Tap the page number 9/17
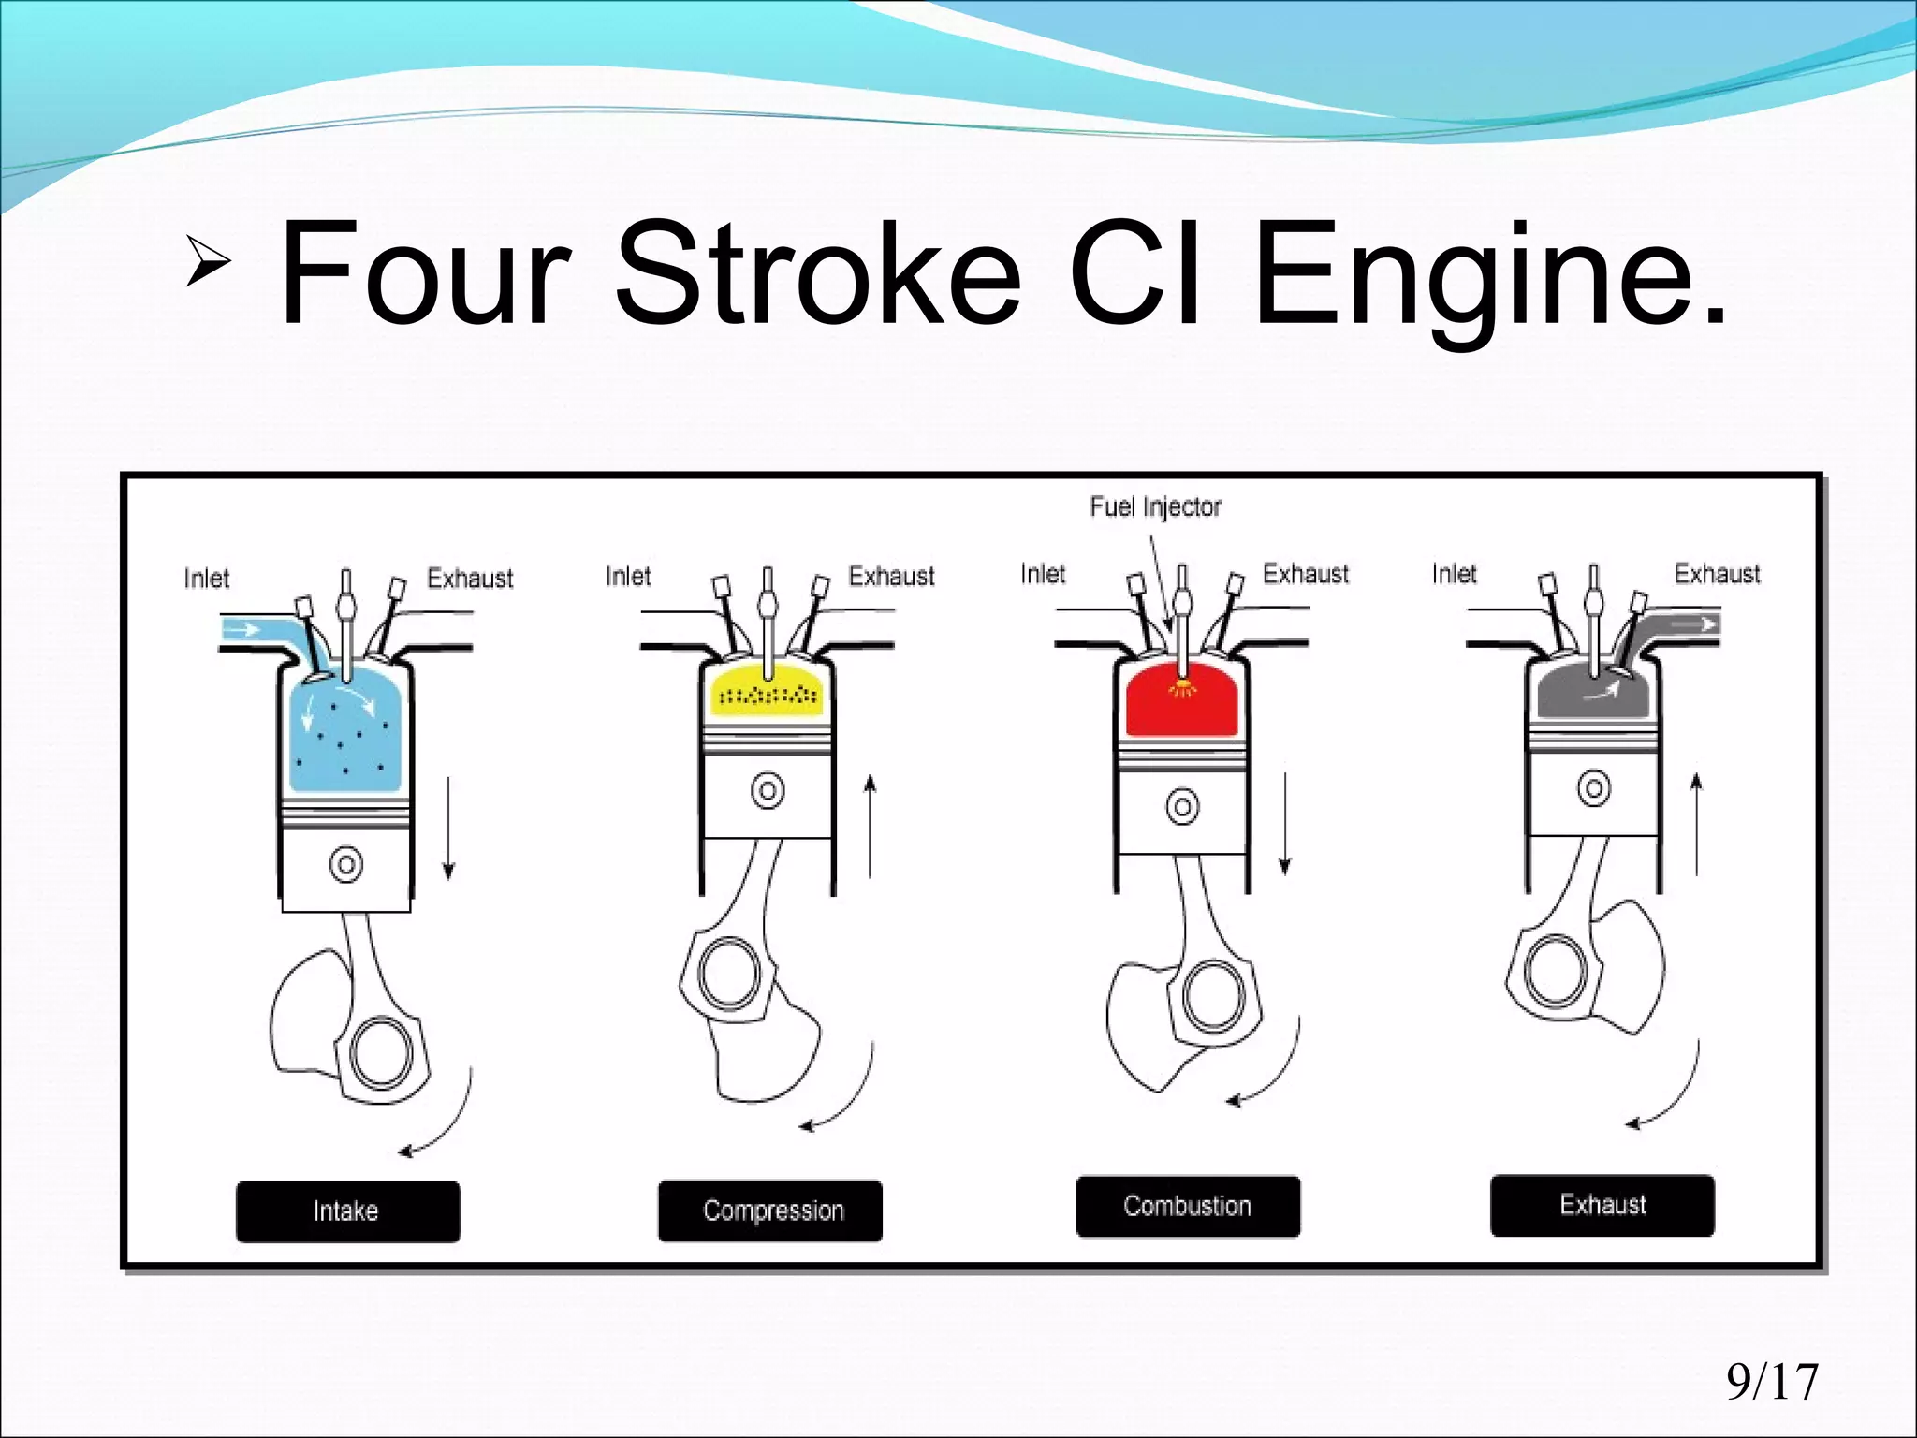(1772, 1382)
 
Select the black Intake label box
(347, 1211)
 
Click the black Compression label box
(769, 1211)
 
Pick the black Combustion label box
(1187, 1206)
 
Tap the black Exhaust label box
(1602, 1205)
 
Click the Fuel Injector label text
(1155, 507)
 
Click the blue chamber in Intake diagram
(346, 740)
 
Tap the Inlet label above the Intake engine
(206, 579)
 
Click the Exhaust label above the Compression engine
(890, 577)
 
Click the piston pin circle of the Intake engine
(346, 863)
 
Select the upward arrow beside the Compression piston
(870, 824)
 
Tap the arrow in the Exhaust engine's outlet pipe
(1696, 624)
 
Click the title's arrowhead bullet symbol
(208, 260)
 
